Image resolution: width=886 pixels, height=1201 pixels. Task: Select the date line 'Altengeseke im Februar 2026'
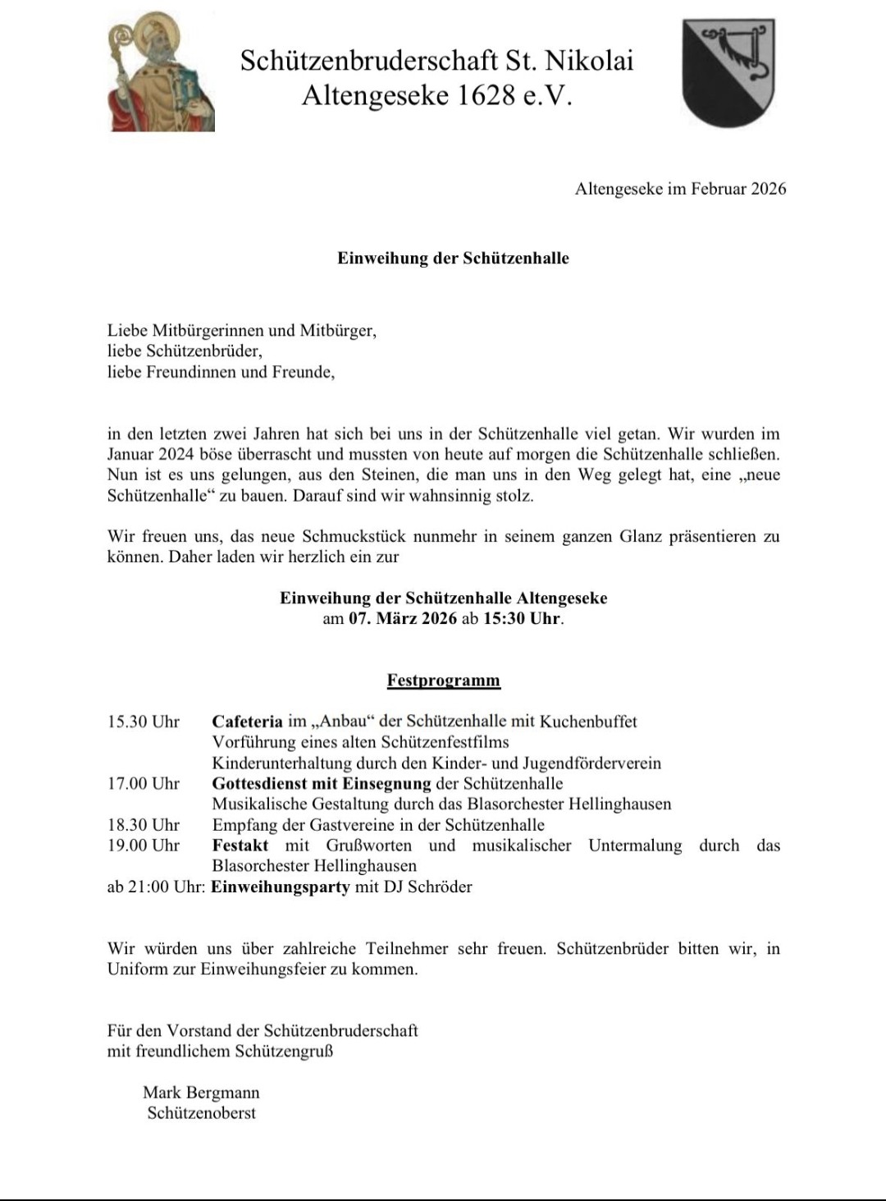(680, 189)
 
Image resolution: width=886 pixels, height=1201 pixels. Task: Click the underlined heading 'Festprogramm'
(443, 681)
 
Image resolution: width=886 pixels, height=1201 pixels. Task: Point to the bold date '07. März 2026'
(402, 619)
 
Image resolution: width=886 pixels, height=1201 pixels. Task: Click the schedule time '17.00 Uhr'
(144, 783)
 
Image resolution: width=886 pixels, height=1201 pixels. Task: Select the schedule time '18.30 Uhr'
(144, 824)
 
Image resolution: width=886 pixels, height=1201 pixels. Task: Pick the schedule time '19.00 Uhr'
(144, 845)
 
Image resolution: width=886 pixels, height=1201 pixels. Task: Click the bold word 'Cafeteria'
(247, 722)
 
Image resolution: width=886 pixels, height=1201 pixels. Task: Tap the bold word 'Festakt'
(240, 845)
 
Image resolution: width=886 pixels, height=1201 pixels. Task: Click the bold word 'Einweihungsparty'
(281, 887)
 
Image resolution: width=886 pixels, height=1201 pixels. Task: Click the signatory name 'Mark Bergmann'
(201, 1093)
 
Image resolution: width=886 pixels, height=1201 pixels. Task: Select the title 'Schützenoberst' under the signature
(202, 1113)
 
